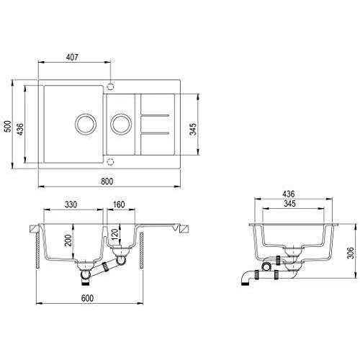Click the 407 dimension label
click(72, 57)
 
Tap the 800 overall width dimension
click(107, 181)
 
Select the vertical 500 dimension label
click(8, 126)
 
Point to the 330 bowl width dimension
click(71, 204)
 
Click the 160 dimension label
click(119, 204)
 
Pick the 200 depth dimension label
click(68, 240)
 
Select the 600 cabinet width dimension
click(87, 298)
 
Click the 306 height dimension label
click(351, 253)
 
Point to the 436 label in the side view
click(289, 194)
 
